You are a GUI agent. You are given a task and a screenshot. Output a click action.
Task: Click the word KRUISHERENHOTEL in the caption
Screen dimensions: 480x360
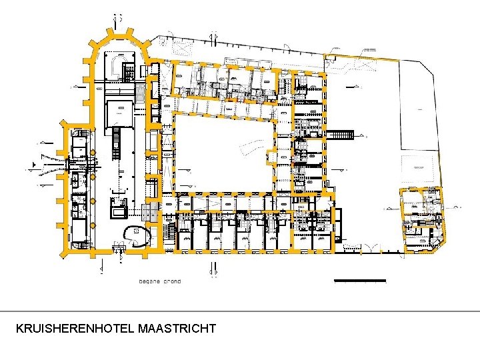click(x=75, y=329)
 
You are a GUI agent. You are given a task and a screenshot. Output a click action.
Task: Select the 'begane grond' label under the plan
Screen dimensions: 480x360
click(x=159, y=281)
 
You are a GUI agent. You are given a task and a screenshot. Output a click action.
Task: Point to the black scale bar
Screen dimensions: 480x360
click(x=359, y=280)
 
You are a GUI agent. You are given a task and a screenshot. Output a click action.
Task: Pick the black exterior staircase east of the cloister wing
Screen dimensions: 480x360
click(x=339, y=135)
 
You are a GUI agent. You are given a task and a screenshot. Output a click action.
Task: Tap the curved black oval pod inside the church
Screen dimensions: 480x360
click(x=139, y=235)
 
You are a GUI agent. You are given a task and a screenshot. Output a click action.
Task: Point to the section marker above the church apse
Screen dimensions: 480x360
click(x=118, y=16)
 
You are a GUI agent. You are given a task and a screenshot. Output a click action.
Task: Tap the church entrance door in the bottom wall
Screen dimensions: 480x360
click(x=119, y=248)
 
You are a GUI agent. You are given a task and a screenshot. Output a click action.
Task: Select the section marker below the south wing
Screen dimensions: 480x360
click(x=214, y=270)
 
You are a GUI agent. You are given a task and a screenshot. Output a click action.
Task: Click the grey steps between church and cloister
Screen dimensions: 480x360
click(x=150, y=213)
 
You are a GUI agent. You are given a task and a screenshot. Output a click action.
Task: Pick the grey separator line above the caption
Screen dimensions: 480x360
click(x=240, y=311)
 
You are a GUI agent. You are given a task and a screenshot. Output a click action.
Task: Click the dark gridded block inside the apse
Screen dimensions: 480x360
click(x=127, y=66)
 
